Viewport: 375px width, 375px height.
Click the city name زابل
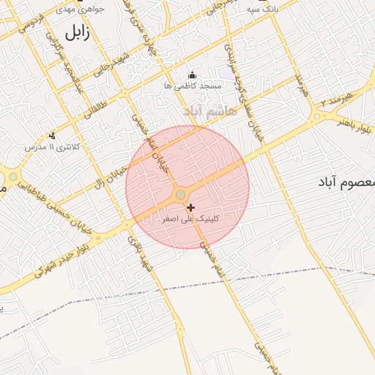77,33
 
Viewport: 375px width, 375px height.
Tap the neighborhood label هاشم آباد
212,111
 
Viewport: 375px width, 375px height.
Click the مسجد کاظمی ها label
192,86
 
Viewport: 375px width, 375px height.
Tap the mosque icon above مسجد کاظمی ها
192,75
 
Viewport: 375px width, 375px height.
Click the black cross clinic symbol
191,208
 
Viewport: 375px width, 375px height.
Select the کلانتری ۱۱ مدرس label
51,146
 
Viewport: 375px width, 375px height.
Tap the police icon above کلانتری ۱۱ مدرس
51,135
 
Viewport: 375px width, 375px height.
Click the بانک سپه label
263,9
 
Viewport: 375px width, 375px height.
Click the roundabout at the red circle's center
180,194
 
